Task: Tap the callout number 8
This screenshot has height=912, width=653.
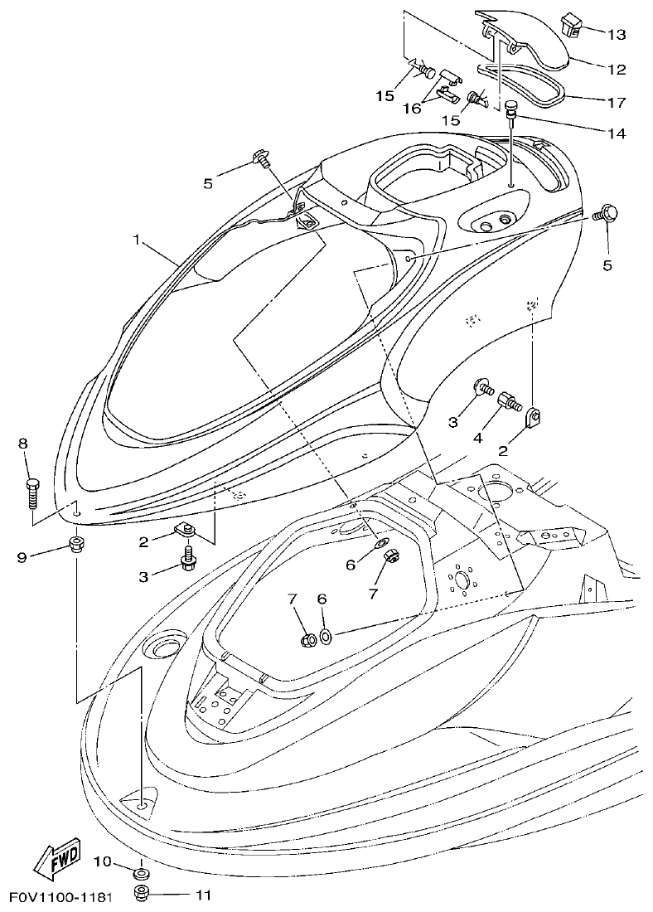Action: coord(23,444)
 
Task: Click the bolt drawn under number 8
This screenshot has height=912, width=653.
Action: coord(34,493)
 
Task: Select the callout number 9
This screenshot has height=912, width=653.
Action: coord(23,556)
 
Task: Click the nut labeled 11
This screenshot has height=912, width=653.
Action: coord(141,894)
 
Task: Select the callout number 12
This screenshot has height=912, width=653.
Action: coord(617,70)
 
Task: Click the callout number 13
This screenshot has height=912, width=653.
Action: coord(617,35)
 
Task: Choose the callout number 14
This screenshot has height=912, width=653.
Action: coord(617,133)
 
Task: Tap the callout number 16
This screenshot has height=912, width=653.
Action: coord(412,109)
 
